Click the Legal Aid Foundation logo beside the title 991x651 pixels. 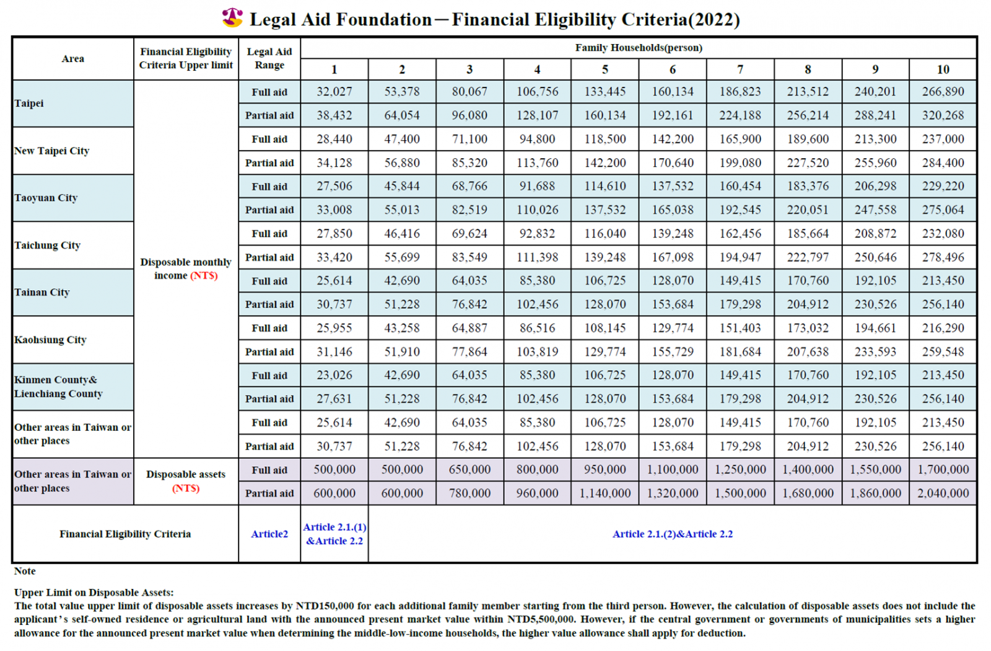[232, 18]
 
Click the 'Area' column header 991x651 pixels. [73, 58]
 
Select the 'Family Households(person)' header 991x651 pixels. [639, 48]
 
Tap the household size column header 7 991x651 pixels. [740, 69]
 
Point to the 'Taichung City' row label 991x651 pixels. [47, 246]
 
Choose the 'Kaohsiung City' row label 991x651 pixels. [50, 340]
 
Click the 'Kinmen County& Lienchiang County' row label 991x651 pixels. [58, 387]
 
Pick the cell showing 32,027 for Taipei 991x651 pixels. [334, 92]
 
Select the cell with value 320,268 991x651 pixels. [943, 115]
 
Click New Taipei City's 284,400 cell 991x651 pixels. [943, 163]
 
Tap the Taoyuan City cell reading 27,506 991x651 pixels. [334, 186]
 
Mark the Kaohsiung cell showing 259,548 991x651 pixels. [943, 352]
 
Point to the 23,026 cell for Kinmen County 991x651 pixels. [334, 375]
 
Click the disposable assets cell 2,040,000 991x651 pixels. [943, 493]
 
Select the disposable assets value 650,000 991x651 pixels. [469, 469]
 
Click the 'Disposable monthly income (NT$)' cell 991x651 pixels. [186, 269]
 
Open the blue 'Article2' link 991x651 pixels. [269, 534]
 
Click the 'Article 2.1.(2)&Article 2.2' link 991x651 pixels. [673, 534]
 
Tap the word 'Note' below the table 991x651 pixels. [25, 571]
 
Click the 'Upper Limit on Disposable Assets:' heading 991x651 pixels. [94, 593]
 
